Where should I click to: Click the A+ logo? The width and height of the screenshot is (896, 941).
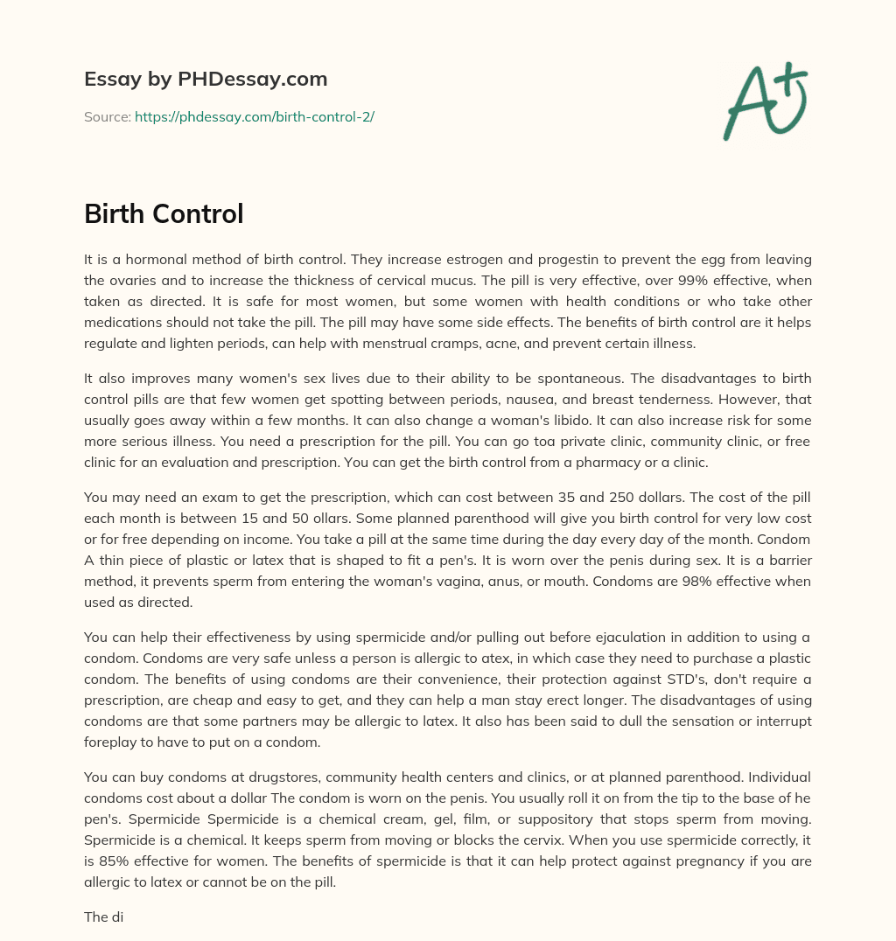(x=764, y=100)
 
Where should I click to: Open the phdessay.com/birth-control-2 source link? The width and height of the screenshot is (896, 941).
(x=254, y=116)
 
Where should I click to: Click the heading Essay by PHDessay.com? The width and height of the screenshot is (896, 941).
(x=206, y=80)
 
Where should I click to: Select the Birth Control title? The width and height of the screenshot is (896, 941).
(x=164, y=213)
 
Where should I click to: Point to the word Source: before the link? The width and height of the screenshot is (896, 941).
(x=107, y=116)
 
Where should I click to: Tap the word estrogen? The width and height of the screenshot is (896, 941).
(x=450, y=260)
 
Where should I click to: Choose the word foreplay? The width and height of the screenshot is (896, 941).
(x=112, y=742)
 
